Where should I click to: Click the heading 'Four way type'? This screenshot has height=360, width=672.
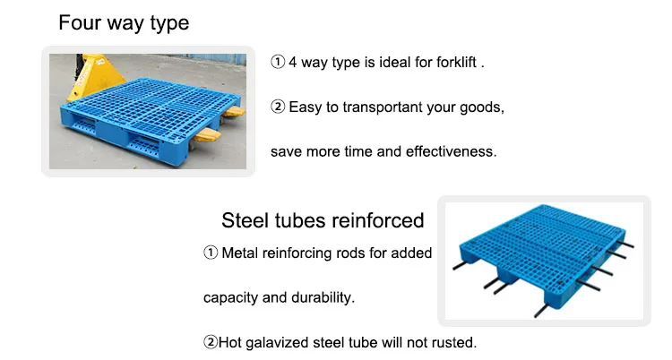(124, 23)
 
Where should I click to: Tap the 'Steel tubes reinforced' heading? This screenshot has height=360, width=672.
(323, 220)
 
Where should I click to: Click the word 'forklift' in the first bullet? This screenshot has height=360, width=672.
(456, 62)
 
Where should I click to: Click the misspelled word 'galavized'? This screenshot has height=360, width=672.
(277, 343)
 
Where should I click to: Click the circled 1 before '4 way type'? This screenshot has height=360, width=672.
(278, 62)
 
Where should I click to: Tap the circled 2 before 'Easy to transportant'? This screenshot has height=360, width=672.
(278, 107)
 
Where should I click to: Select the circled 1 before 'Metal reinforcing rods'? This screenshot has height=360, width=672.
(211, 253)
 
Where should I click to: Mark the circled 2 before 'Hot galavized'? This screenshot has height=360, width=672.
(211, 342)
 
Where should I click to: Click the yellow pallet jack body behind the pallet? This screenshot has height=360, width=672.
(92, 75)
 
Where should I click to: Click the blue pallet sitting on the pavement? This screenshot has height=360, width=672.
(150, 116)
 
